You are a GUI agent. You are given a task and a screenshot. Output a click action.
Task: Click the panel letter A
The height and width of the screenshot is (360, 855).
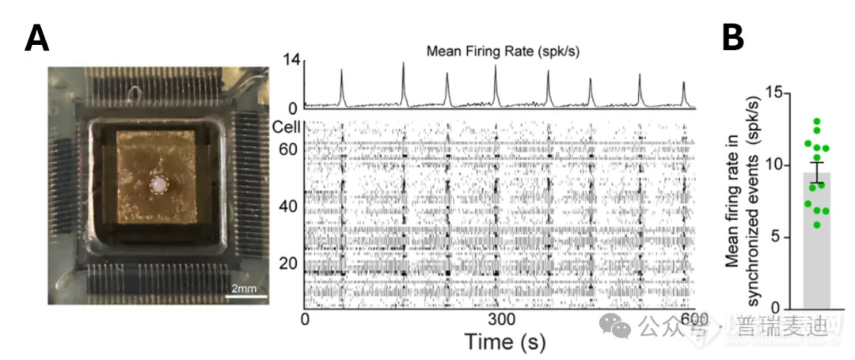[37, 38]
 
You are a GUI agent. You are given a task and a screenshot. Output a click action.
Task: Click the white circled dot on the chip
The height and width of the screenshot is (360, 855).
[161, 186]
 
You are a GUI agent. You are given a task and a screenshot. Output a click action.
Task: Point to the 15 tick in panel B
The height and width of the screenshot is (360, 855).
[766, 93]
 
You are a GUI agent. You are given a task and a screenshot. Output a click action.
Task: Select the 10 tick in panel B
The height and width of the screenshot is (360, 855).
[766, 165]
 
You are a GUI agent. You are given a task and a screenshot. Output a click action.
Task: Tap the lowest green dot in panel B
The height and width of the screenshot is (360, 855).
[815, 225]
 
